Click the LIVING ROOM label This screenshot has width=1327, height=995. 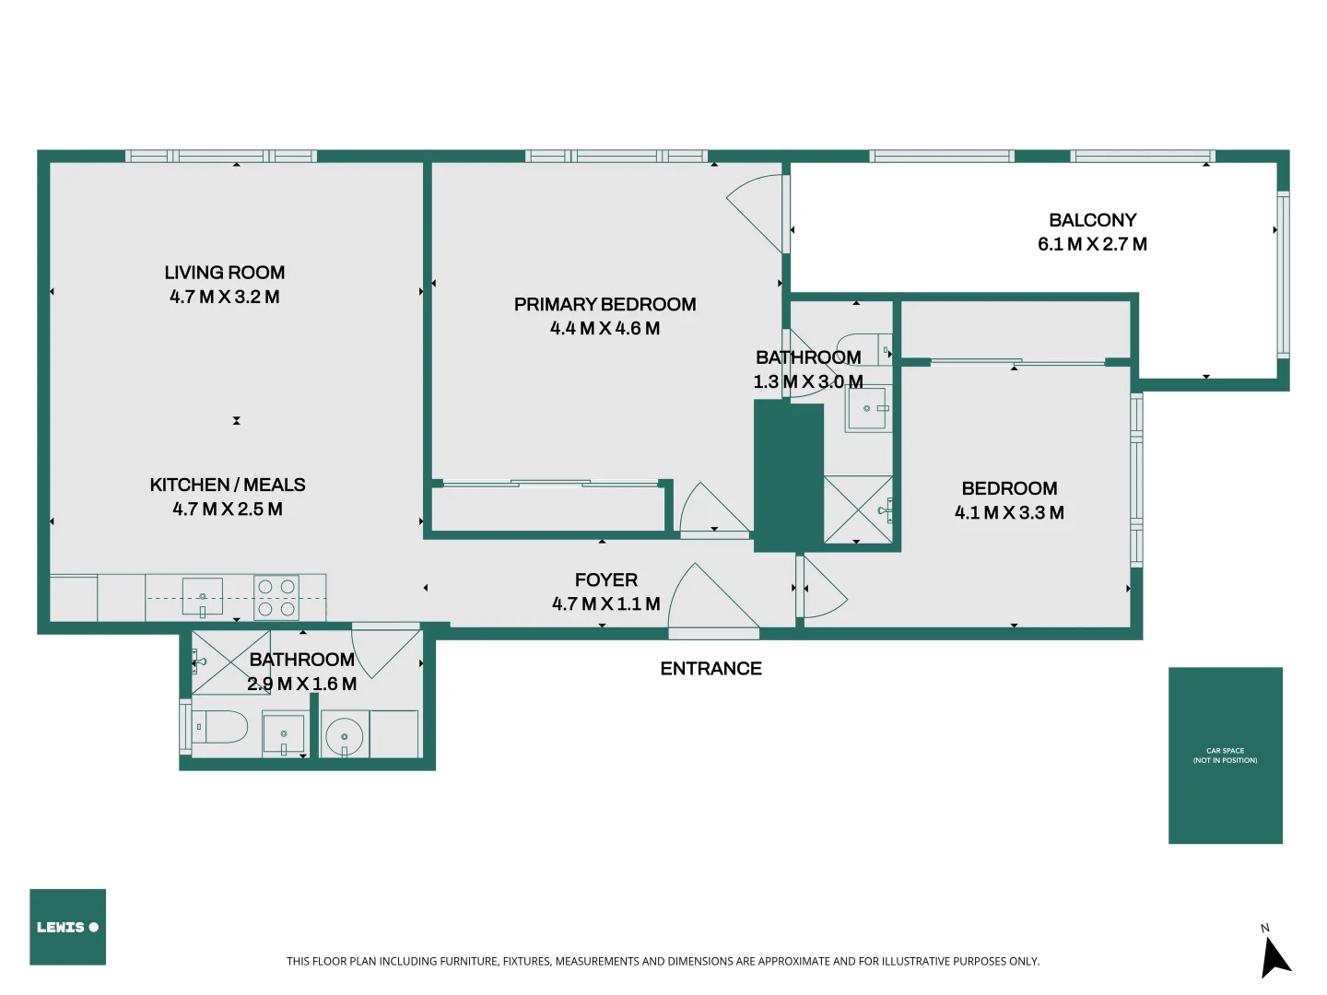pos(224,273)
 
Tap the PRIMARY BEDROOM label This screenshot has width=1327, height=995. pos(605,304)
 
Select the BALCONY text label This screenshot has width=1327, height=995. pos(1092,220)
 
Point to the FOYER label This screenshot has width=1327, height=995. pos(605,579)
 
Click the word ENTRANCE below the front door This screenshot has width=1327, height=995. pos(710,669)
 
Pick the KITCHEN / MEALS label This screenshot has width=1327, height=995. pos(228,485)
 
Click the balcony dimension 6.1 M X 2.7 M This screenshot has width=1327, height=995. pos(1092,244)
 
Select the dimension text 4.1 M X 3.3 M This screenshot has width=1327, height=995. pos(1009,513)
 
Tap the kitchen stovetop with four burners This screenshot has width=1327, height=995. pos(276,597)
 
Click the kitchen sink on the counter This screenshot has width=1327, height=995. pos(202,596)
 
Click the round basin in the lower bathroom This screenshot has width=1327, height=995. pos(344,736)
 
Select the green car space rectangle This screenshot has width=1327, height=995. pos(1225,755)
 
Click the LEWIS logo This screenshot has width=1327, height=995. pos(67,927)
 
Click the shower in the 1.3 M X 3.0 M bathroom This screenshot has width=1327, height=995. pos(858,509)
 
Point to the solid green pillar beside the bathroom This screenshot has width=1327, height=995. pos(788,476)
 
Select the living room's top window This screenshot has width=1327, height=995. pos(221,157)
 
